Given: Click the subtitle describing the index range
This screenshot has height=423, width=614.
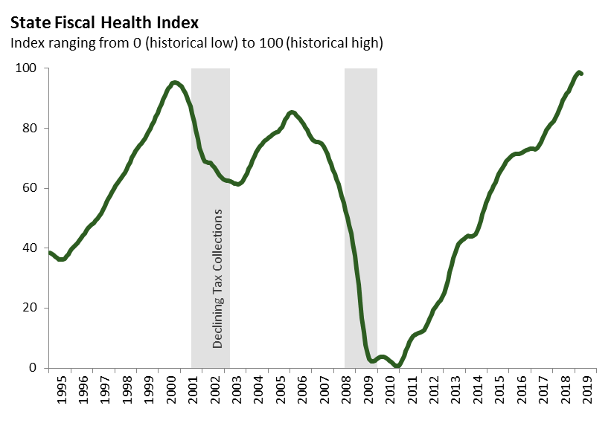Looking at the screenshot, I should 196,43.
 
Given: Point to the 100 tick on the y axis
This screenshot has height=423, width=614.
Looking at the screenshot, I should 28,68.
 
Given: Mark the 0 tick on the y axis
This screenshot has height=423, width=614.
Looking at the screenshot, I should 33,368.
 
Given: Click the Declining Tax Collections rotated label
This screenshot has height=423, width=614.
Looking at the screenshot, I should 218,279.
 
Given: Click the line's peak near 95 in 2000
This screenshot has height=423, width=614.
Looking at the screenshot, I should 174,83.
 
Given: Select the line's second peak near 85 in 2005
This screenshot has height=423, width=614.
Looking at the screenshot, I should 291,112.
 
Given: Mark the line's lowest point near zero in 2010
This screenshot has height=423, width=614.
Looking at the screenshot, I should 397,366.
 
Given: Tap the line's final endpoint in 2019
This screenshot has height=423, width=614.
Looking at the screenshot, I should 581,74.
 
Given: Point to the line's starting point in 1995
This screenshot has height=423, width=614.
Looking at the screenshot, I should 49,253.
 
